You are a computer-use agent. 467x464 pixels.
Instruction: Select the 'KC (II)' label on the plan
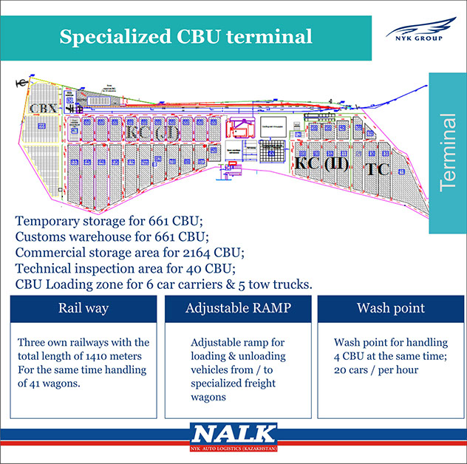[x=321, y=163]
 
